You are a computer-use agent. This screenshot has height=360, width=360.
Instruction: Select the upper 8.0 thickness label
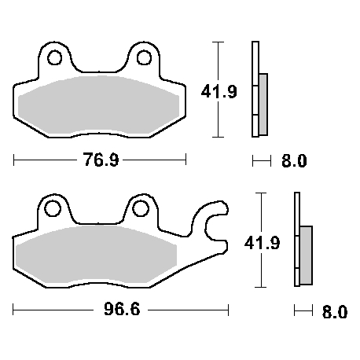(293, 161)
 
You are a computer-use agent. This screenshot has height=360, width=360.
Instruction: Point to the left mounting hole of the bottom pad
(53, 208)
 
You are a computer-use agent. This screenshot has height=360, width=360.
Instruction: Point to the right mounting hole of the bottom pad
(141, 208)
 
